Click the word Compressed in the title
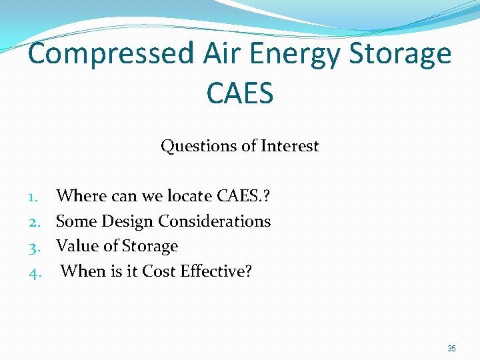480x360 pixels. tap(111, 53)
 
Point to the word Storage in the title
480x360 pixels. tap(400, 55)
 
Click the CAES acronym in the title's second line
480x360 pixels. tap(240, 93)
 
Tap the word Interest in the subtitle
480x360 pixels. tap(289, 145)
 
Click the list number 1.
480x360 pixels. tap(33, 197)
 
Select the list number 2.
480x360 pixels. tap(35, 223)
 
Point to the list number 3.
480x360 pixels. tap(35, 248)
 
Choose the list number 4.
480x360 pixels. tap(35, 273)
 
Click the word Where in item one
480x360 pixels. tap(81, 195)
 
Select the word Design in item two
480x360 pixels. tap(127, 222)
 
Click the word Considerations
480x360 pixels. tap(215, 221)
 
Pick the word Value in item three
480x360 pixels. tap(77, 245)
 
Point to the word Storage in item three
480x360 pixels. tap(150, 247)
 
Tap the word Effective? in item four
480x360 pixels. tap(216, 271)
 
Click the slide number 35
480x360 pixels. tap(451, 349)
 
